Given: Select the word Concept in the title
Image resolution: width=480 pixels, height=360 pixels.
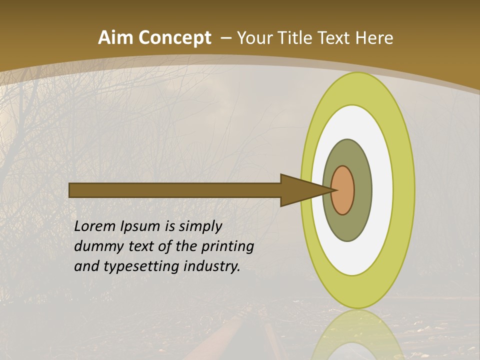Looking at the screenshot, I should (x=175, y=37).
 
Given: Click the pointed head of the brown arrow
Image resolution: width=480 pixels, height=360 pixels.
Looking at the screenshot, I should (x=300, y=190).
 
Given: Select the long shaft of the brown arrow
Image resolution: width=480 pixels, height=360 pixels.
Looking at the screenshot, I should (x=175, y=190).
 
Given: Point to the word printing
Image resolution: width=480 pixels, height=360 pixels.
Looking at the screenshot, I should (x=227, y=246).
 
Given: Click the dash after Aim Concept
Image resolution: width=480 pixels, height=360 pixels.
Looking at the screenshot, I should (x=225, y=38).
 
